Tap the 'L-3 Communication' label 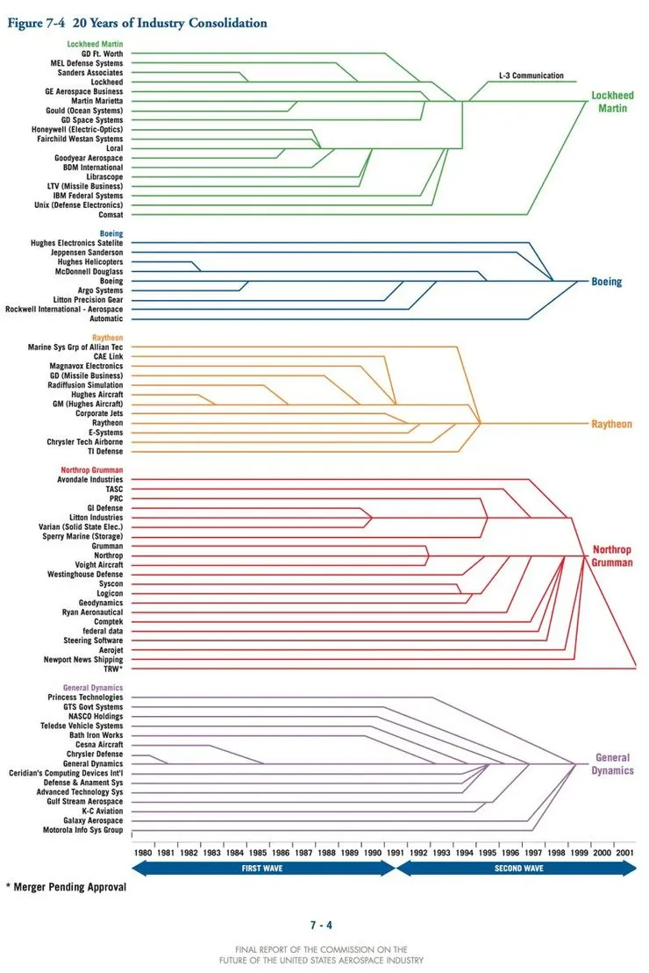click(531, 75)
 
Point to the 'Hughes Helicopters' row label click(90, 261)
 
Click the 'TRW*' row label click(115, 669)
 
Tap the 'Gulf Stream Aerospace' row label click(80, 802)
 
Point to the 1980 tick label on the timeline click(143, 852)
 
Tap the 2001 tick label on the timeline click(624, 852)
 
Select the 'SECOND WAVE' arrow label click(519, 869)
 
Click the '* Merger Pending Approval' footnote click(66, 887)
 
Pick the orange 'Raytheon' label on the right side click(611, 424)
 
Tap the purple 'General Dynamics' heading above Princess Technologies click(93, 688)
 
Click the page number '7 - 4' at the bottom click(321, 925)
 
